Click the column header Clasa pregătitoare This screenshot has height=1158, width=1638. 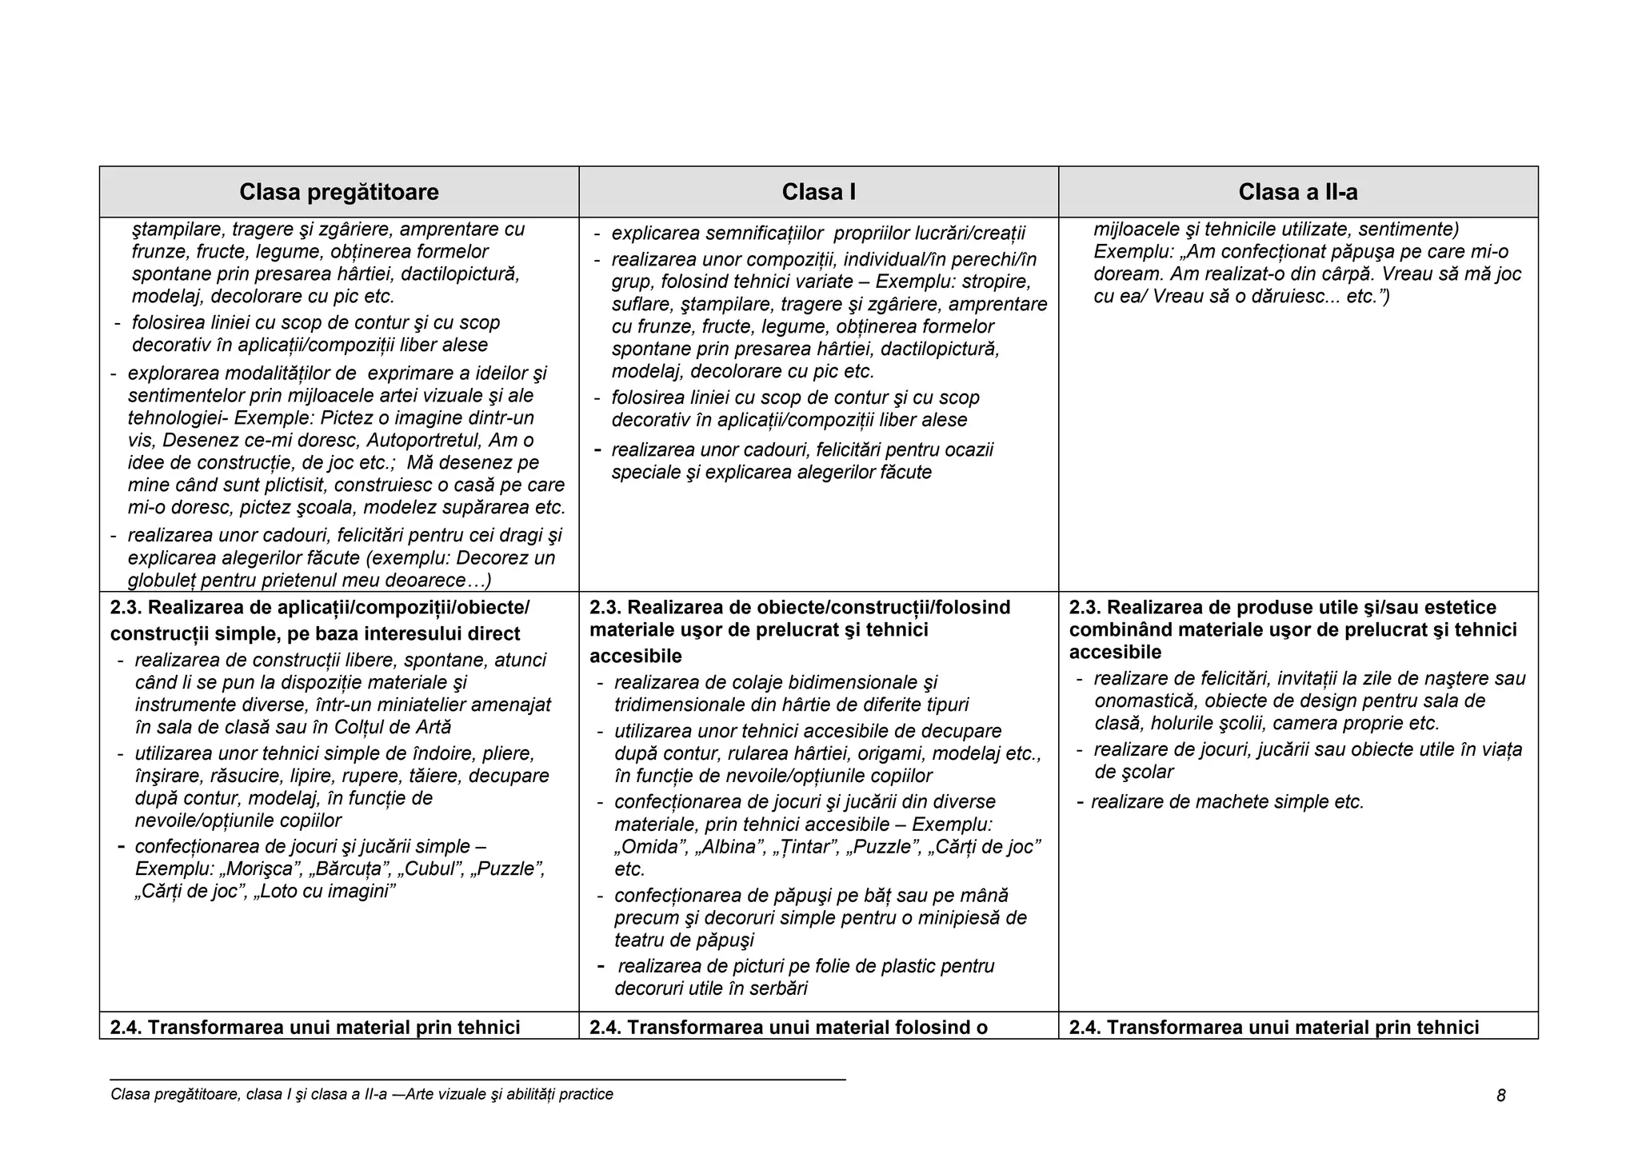point(339,192)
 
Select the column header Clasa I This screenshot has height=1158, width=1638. point(818,192)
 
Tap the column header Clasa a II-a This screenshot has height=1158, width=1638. point(1297,192)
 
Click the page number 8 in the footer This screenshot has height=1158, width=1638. point(1500,1096)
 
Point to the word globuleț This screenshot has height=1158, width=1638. point(163,581)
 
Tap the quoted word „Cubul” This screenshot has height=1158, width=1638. point(433,868)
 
